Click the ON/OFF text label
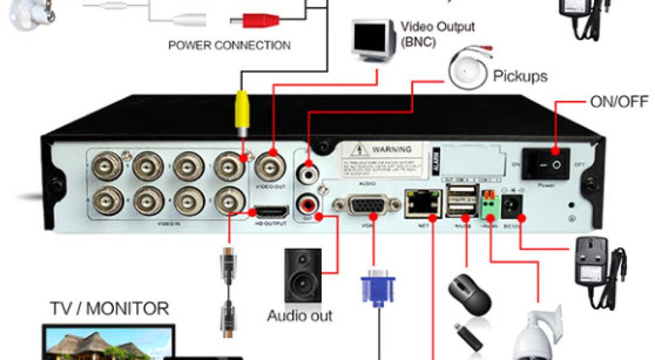(619, 102)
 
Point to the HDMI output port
(271, 212)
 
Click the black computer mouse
(470, 293)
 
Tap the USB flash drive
(466, 334)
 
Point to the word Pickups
(520, 77)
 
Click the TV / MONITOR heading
(109, 308)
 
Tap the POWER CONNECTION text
(229, 46)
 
